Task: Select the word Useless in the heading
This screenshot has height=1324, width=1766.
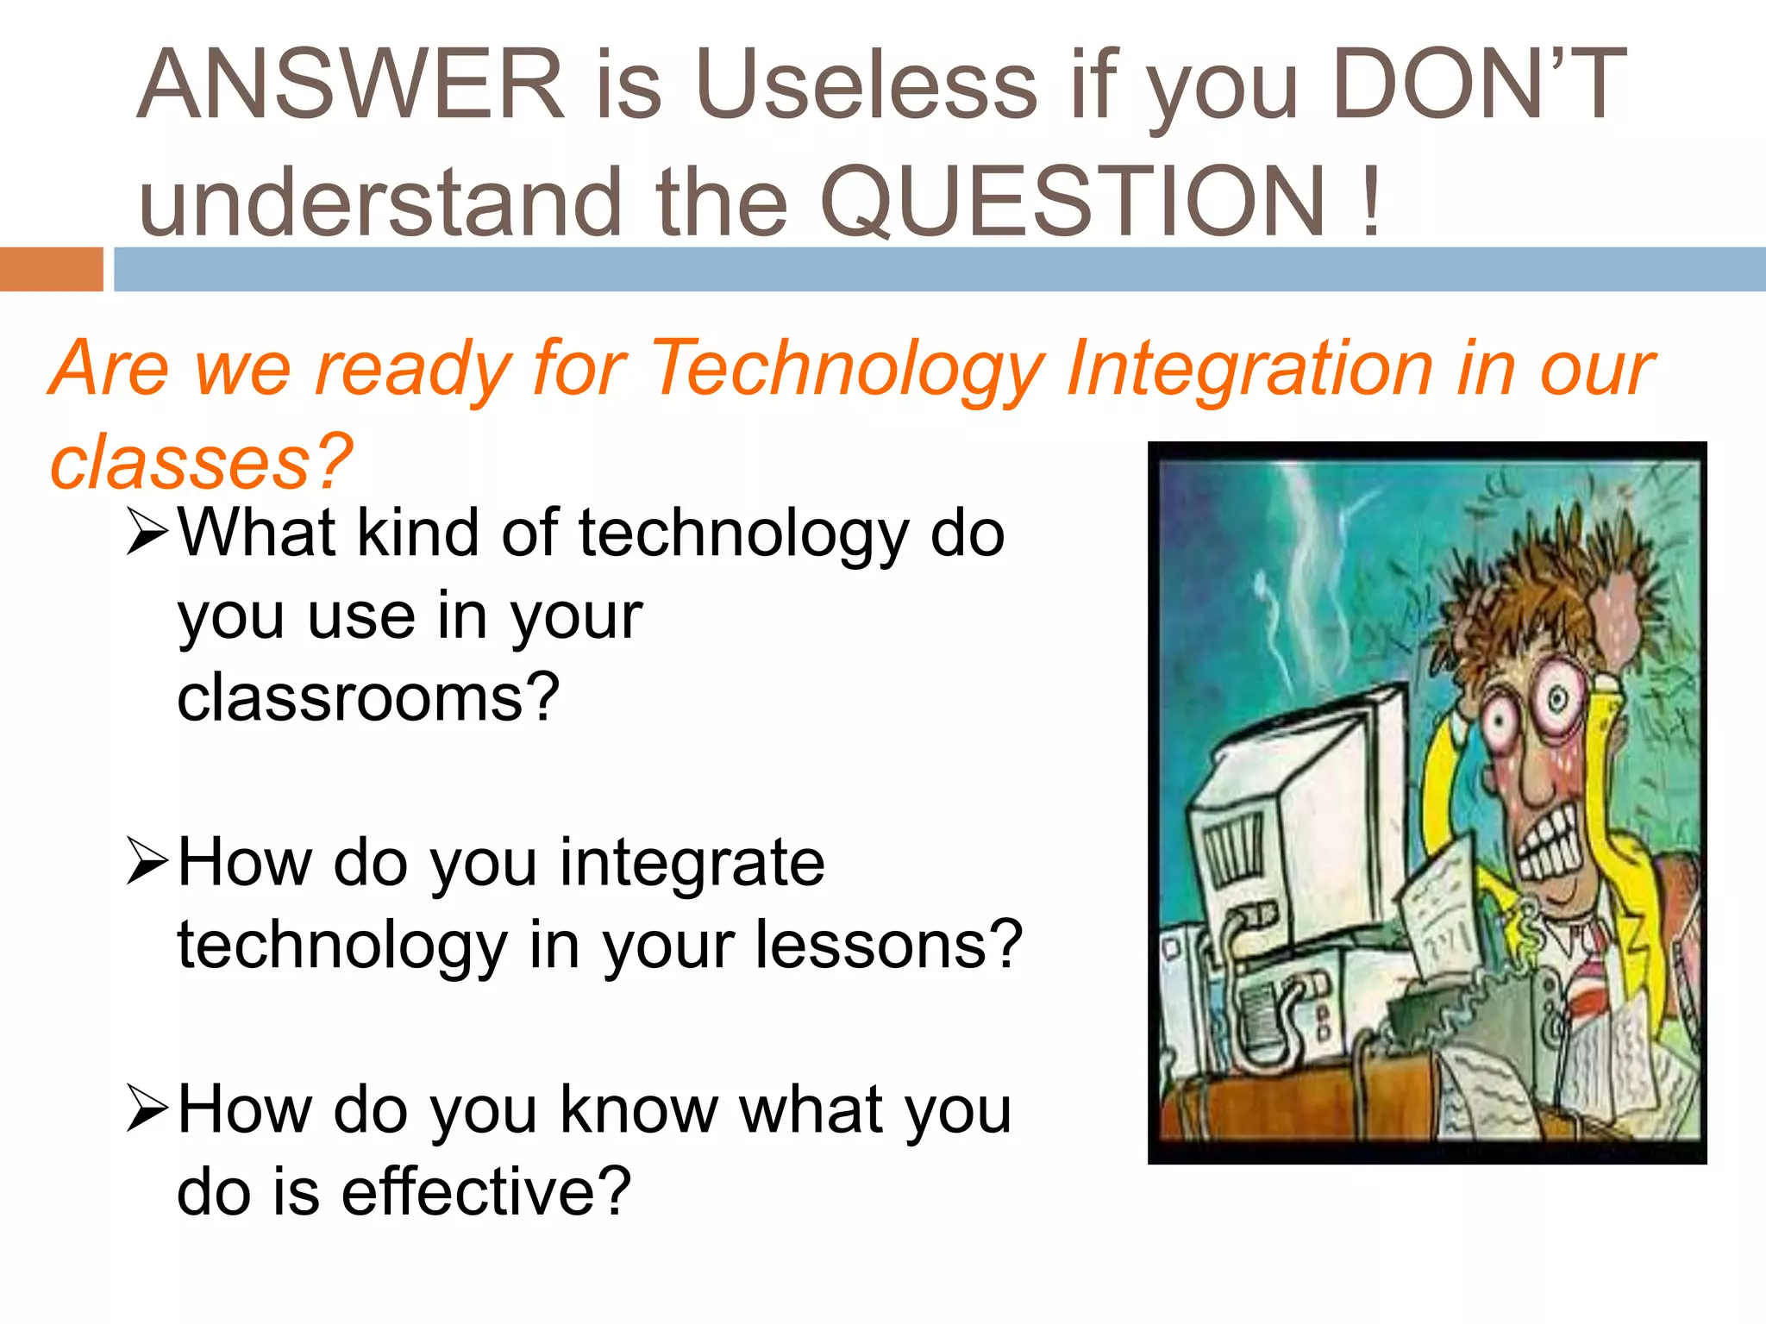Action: click(x=867, y=84)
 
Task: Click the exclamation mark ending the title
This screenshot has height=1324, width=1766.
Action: click(x=1371, y=202)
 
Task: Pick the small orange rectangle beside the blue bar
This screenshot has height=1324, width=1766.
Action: click(x=51, y=269)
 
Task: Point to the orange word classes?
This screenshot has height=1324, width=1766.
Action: click(x=201, y=463)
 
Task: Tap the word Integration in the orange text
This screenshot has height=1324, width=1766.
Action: click(x=1249, y=369)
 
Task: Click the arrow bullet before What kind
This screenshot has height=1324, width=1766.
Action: click(x=146, y=532)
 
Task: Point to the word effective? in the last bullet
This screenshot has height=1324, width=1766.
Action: click(x=486, y=1191)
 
